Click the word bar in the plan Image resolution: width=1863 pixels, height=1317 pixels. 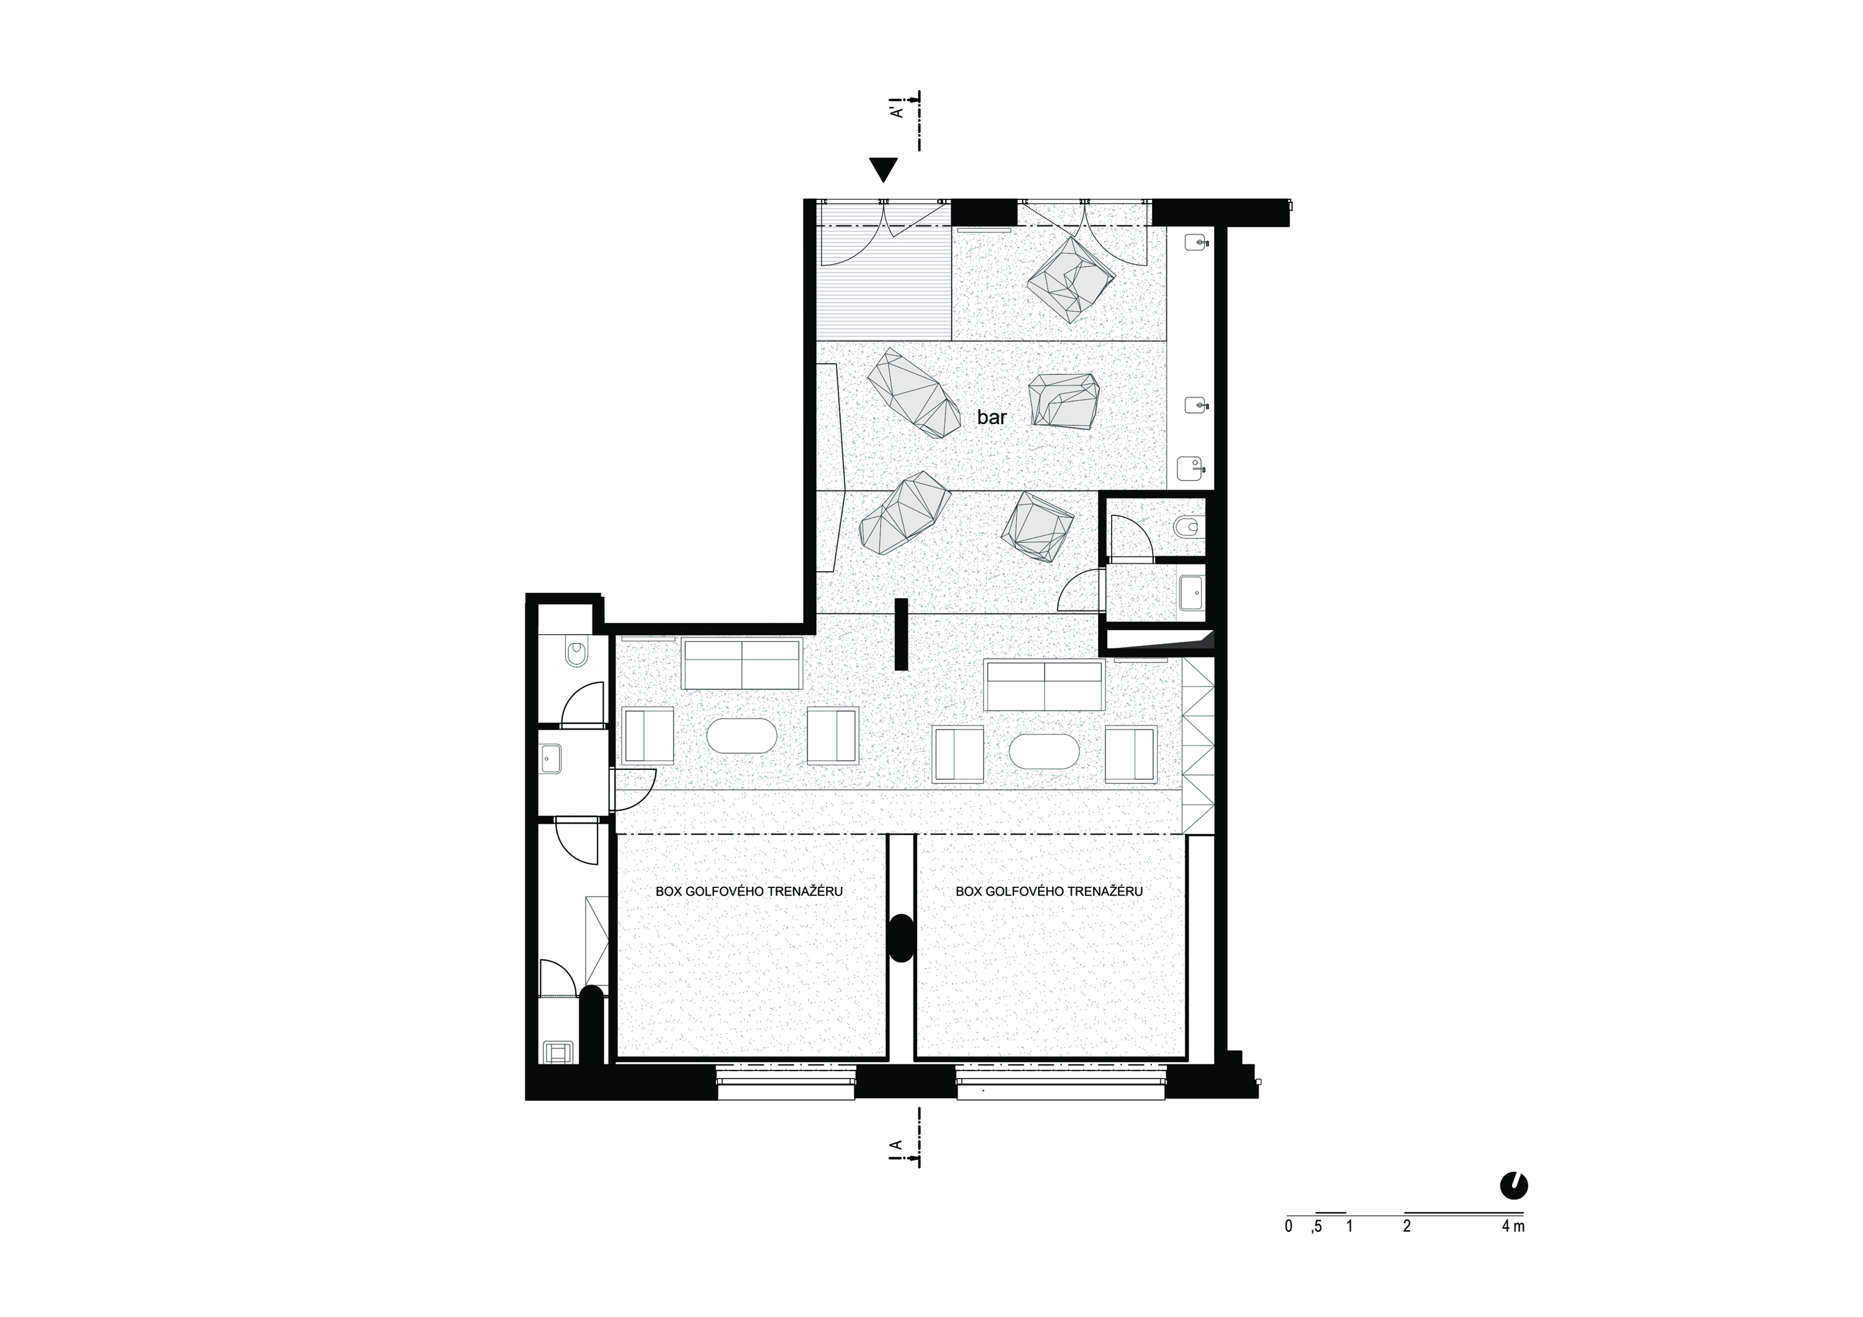coord(992,417)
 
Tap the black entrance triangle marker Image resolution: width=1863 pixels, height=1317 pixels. coord(884,169)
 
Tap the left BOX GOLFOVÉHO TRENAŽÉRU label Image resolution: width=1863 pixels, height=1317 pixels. coord(749,891)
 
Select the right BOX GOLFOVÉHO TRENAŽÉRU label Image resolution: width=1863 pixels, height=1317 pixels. coord(1049,891)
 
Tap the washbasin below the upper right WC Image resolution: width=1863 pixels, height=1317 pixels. coord(1192,592)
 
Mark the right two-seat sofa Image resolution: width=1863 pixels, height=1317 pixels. coord(1045,685)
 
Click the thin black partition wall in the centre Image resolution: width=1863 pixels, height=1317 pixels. coord(900,634)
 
